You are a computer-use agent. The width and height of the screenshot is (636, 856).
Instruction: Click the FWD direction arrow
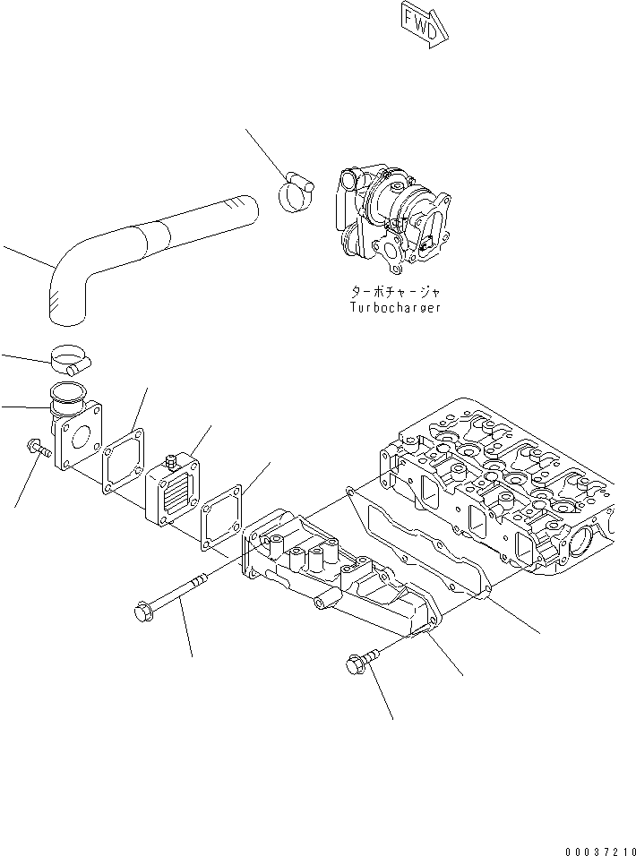click(x=420, y=24)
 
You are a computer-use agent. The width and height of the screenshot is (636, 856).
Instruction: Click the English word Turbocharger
click(x=397, y=307)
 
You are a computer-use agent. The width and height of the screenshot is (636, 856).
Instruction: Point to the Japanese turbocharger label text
click(x=397, y=292)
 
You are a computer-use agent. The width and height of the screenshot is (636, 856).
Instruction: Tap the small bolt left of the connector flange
click(x=38, y=449)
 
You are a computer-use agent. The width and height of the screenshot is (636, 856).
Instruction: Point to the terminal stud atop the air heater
click(x=169, y=462)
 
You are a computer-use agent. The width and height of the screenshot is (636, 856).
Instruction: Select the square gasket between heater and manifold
click(x=221, y=518)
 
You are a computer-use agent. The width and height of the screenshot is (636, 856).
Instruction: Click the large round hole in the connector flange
click(x=82, y=441)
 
